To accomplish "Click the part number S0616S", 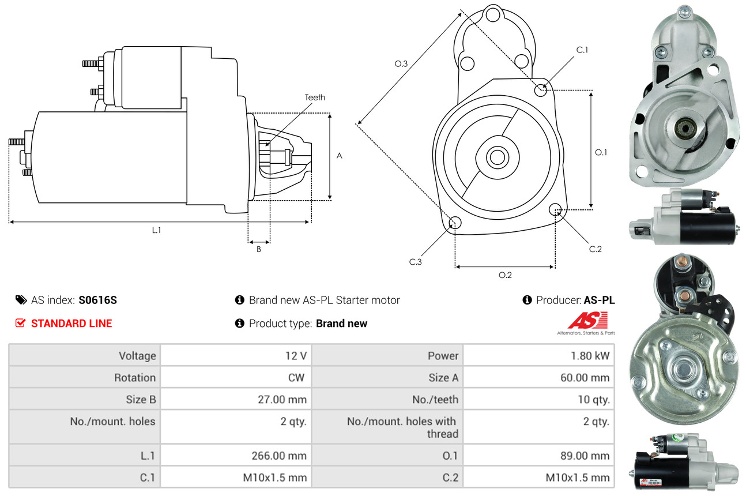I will point(98,300).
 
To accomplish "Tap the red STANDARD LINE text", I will point(71,324).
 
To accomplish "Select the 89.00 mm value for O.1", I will point(585,456).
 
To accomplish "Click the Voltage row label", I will point(137,356).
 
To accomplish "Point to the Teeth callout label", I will point(315,97).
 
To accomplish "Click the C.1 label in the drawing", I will point(582,50).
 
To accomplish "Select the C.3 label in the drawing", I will point(416,262).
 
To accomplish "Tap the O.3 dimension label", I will point(401,64).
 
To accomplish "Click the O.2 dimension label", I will point(505,275).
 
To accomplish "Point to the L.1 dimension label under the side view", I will point(156,230).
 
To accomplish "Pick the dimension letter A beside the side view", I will point(340,156).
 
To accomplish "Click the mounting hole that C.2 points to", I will point(556,209).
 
